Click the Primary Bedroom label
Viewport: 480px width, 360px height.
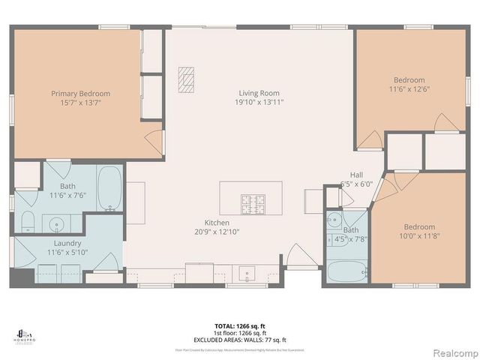(80, 94)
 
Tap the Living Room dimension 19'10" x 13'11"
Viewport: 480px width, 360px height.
(259, 102)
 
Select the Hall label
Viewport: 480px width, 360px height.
(357, 174)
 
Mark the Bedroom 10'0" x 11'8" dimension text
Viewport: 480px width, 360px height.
(419, 235)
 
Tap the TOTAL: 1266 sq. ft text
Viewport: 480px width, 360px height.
(239, 325)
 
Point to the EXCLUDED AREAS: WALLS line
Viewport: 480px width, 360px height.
(239, 339)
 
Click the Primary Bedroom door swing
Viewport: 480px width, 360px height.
(154, 140)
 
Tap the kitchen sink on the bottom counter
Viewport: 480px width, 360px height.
(247, 272)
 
